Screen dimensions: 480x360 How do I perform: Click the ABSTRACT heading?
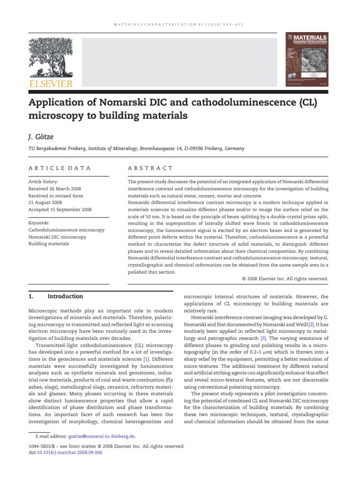coord(150,168)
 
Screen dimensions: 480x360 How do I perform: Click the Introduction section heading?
coord(66,296)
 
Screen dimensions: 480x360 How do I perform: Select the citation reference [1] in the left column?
coord(147,359)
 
